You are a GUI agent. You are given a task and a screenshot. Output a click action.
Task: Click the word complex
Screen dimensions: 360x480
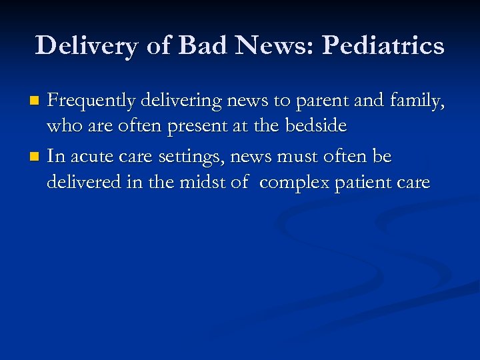click(x=293, y=183)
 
